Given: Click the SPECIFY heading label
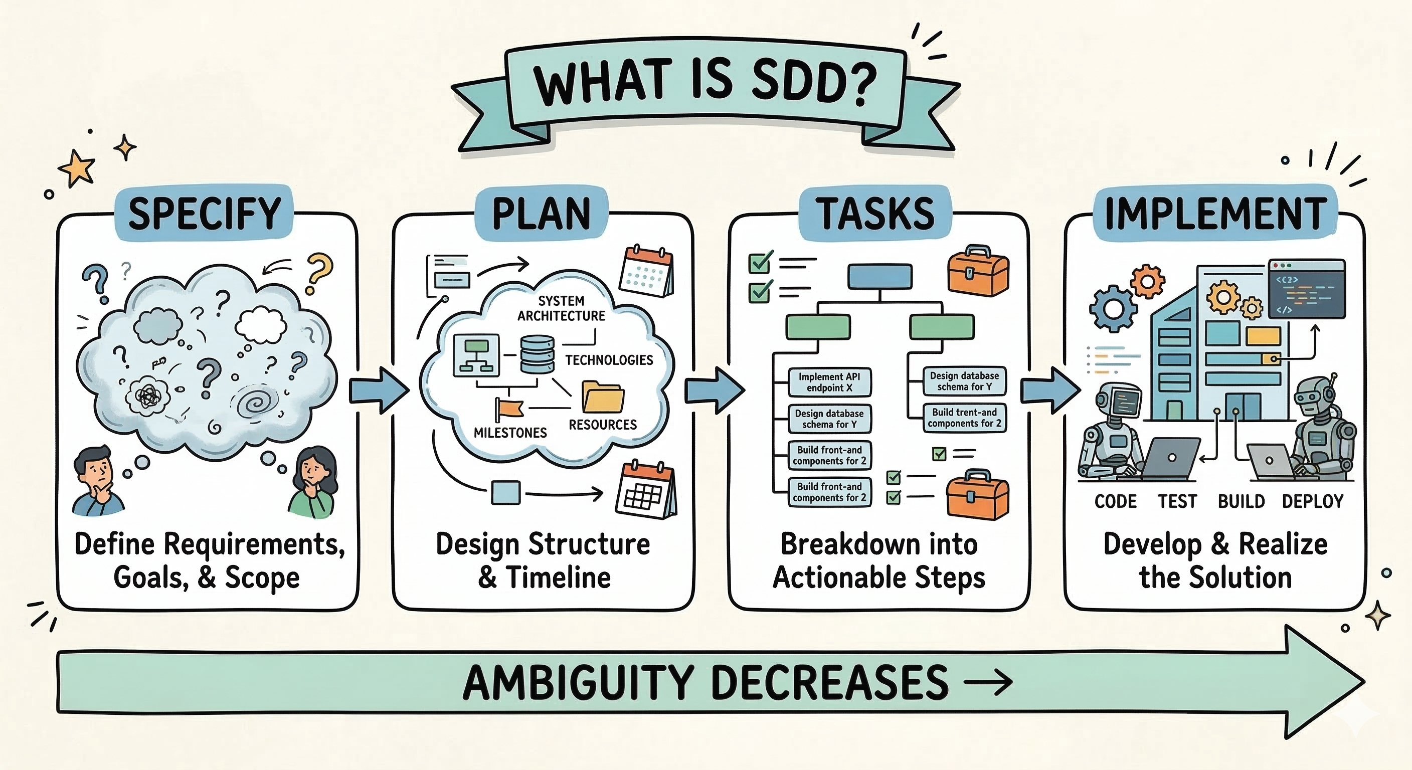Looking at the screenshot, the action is (x=205, y=213).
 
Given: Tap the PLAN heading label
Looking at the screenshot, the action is (x=542, y=213).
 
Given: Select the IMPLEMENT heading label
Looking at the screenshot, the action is (x=1216, y=213).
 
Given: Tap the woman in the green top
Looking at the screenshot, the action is (x=313, y=482).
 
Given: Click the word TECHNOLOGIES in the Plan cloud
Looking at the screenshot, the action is (x=609, y=360).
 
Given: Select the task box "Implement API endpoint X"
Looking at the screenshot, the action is (x=829, y=382).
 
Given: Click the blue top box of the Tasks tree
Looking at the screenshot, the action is (x=880, y=276).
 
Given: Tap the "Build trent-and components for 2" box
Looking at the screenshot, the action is (x=965, y=418).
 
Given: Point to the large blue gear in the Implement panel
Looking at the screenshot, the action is (x=1113, y=308).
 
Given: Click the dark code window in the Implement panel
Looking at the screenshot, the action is (x=1307, y=289).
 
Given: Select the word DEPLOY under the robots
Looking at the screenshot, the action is (x=1313, y=501).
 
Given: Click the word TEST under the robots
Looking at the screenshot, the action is (x=1177, y=501).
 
